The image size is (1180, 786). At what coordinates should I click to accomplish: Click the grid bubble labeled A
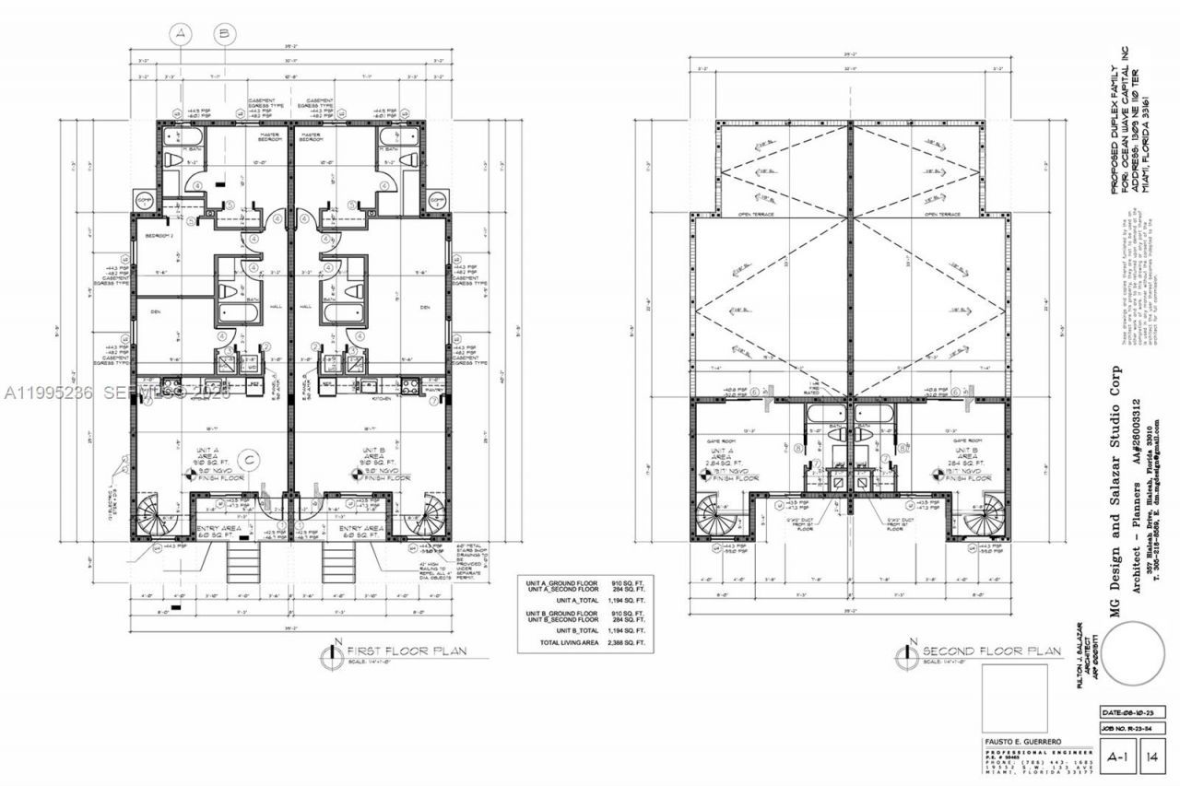(x=182, y=34)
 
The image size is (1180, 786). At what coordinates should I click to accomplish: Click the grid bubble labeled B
(x=224, y=34)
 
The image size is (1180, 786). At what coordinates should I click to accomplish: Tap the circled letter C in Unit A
(x=247, y=458)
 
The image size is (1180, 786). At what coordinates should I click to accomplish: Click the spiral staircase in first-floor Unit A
(x=153, y=516)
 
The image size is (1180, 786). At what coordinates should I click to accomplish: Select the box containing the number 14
(x=1153, y=757)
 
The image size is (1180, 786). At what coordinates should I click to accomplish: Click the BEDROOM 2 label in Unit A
(x=160, y=236)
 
